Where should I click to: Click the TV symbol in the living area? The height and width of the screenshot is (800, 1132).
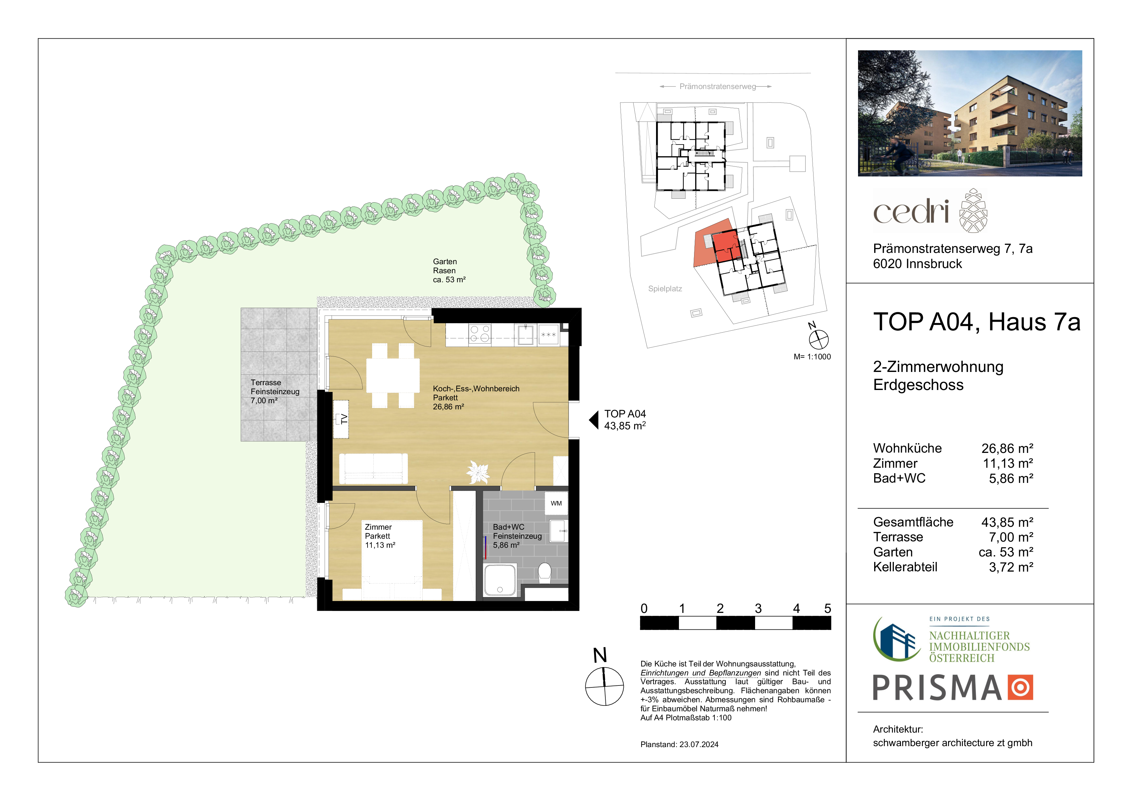(x=341, y=419)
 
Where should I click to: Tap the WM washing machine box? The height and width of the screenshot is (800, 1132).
(x=556, y=503)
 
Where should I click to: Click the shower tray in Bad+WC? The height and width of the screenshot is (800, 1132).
(x=500, y=580)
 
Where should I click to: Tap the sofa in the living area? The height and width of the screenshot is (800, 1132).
(x=373, y=468)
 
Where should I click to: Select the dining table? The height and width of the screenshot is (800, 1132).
(x=393, y=375)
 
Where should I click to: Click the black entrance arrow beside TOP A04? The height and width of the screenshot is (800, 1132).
(x=594, y=420)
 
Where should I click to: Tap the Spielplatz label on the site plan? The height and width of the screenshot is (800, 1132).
(x=665, y=289)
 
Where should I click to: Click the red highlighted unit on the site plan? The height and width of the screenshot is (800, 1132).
(x=727, y=245)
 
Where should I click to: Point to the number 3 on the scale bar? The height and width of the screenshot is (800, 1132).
(x=758, y=609)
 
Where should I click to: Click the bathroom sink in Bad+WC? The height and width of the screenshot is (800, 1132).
(x=558, y=531)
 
